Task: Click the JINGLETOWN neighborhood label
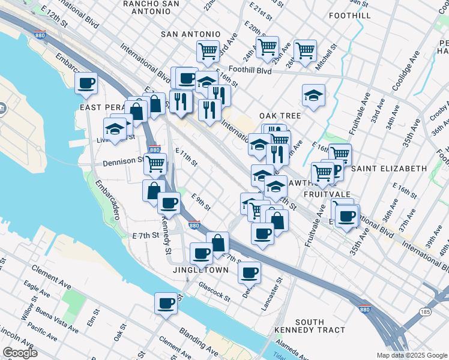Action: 200,271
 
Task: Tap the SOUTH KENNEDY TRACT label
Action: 310,326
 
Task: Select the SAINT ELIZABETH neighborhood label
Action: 388,169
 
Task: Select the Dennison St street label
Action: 123,161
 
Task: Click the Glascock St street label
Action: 214,292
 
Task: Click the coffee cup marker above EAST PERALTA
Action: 86,83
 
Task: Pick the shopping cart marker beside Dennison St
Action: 155,162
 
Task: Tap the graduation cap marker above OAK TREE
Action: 313,95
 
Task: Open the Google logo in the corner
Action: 20,353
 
